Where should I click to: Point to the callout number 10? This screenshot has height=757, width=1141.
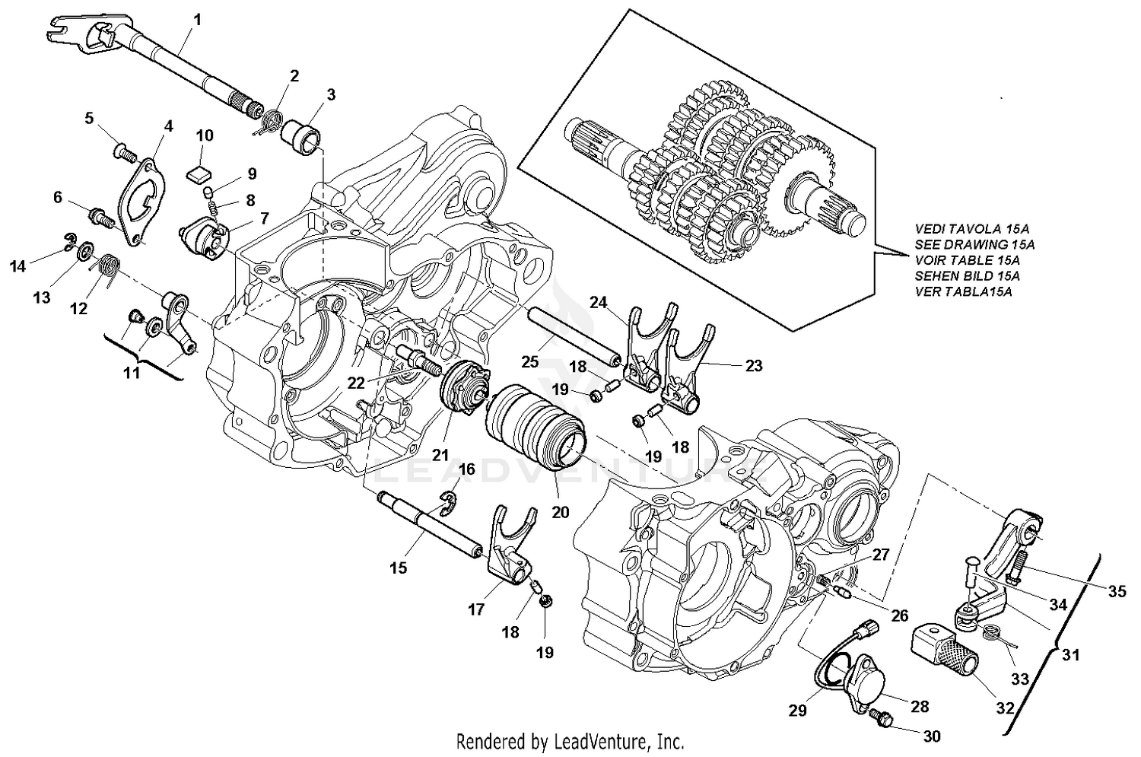tap(205, 136)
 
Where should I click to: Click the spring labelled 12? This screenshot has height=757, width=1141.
tap(109, 269)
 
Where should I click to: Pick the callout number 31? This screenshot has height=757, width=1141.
tap(1069, 654)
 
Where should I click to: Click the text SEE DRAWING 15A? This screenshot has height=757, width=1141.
tap(974, 244)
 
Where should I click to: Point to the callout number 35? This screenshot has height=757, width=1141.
tap(1116, 590)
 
